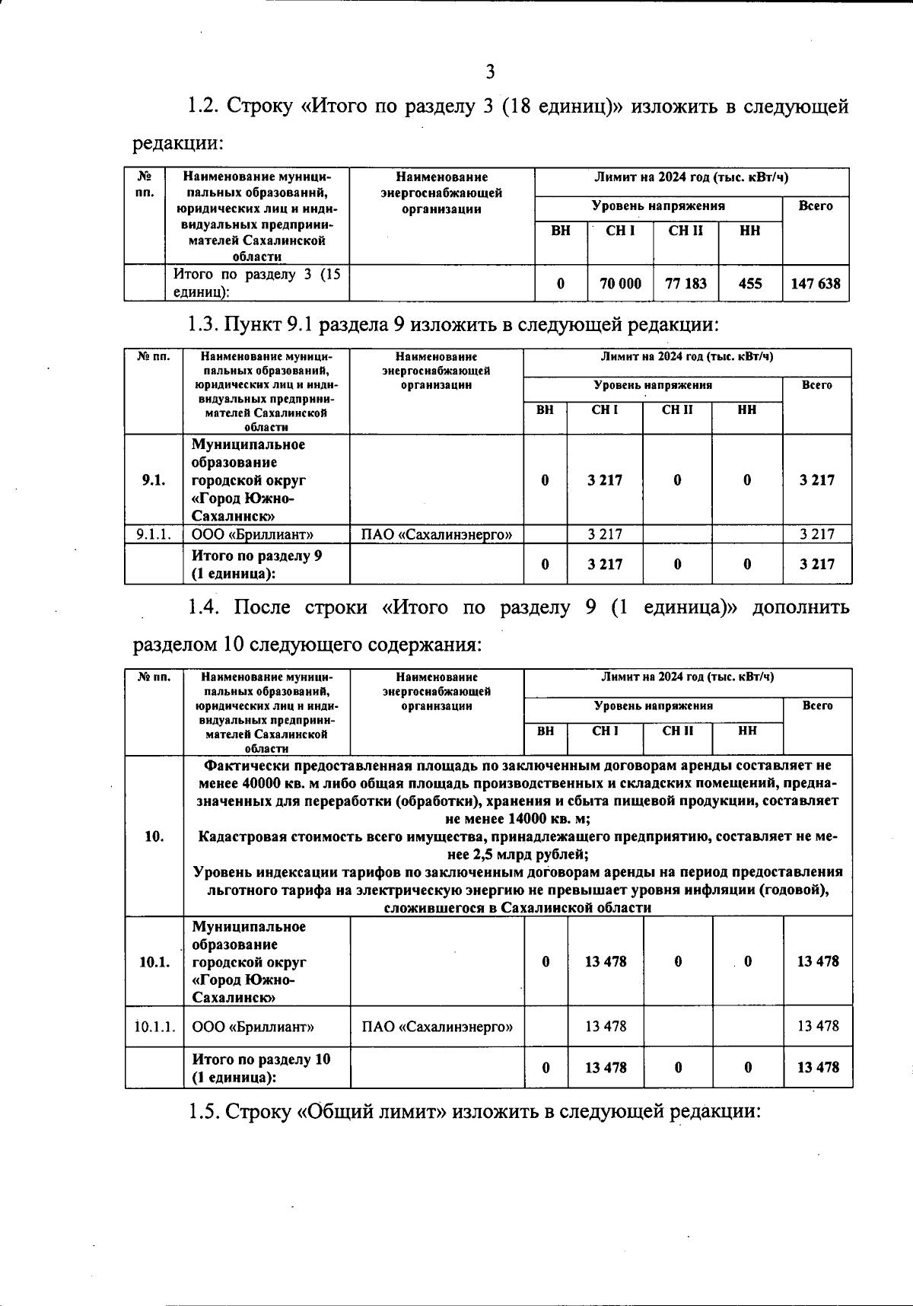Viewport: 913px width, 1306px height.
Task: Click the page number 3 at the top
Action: (x=490, y=72)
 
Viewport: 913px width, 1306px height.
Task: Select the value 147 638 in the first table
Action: (x=815, y=284)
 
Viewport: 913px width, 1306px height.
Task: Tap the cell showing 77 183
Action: (x=686, y=284)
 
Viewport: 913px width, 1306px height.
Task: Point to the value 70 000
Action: (x=620, y=284)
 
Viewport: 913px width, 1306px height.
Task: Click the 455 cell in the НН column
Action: (x=749, y=284)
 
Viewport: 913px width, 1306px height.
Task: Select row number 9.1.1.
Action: (x=153, y=534)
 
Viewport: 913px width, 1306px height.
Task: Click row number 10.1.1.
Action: (x=154, y=1027)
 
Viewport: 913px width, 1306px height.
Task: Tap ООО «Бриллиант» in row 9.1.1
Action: (x=252, y=534)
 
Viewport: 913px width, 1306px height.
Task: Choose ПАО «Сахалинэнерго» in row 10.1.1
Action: (x=437, y=1027)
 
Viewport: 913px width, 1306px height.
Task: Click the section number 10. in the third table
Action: (x=154, y=836)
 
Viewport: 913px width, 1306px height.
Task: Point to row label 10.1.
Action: (x=154, y=961)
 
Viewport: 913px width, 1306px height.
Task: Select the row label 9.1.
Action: (x=153, y=480)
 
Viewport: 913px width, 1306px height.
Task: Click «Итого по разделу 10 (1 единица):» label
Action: (x=261, y=1068)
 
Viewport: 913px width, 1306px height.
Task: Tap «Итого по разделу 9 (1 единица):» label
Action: (x=256, y=565)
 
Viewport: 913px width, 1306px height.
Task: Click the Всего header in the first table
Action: (x=815, y=206)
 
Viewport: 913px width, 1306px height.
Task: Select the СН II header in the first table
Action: (x=686, y=231)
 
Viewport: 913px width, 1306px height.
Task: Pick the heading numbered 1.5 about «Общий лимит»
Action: (x=475, y=1112)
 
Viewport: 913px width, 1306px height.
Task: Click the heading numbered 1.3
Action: (x=452, y=325)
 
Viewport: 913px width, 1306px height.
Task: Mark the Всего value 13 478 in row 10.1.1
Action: (x=818, y=1027)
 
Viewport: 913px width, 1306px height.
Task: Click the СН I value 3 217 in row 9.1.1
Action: (x=605, y=534)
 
